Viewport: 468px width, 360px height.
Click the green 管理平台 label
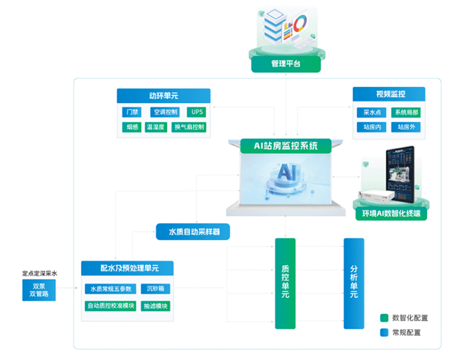285,64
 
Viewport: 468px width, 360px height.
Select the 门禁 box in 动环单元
132,112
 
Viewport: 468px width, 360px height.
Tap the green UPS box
197,112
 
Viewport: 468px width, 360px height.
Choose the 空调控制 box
164,112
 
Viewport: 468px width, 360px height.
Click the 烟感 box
132,127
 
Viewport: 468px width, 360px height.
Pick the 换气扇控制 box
189,127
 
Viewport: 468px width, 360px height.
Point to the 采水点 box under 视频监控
372,112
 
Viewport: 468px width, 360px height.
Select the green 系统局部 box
406,112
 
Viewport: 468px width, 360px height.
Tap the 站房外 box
406,127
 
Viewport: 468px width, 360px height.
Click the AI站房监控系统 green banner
285,146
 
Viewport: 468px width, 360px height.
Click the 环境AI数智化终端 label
391,213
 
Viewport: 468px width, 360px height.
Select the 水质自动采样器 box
193,232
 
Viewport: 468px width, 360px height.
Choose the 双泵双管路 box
39,290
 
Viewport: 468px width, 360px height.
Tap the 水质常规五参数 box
110,289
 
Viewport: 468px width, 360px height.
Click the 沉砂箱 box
155,289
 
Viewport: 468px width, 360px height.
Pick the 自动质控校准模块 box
110,306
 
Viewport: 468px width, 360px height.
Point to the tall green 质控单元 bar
285,283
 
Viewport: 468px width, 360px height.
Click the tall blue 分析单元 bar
354,283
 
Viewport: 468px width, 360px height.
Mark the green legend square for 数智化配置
384,318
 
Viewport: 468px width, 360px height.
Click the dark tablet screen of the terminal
400,173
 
